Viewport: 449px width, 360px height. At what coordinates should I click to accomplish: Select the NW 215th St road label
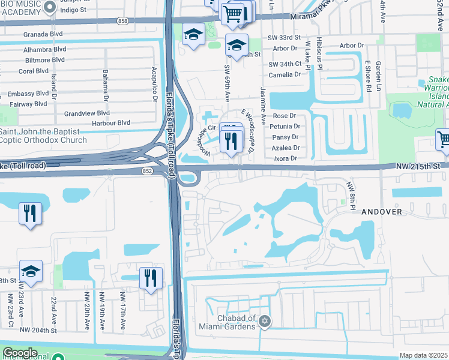418,166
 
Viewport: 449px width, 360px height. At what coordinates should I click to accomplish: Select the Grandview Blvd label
87,113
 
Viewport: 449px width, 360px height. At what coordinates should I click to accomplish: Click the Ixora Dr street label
285,158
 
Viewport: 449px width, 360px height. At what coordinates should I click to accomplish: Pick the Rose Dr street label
285,116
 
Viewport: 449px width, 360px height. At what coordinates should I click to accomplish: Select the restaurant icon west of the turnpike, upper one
29,213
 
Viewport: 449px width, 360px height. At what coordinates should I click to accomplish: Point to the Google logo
20,353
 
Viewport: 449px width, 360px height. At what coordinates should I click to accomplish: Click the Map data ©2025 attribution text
423,355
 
